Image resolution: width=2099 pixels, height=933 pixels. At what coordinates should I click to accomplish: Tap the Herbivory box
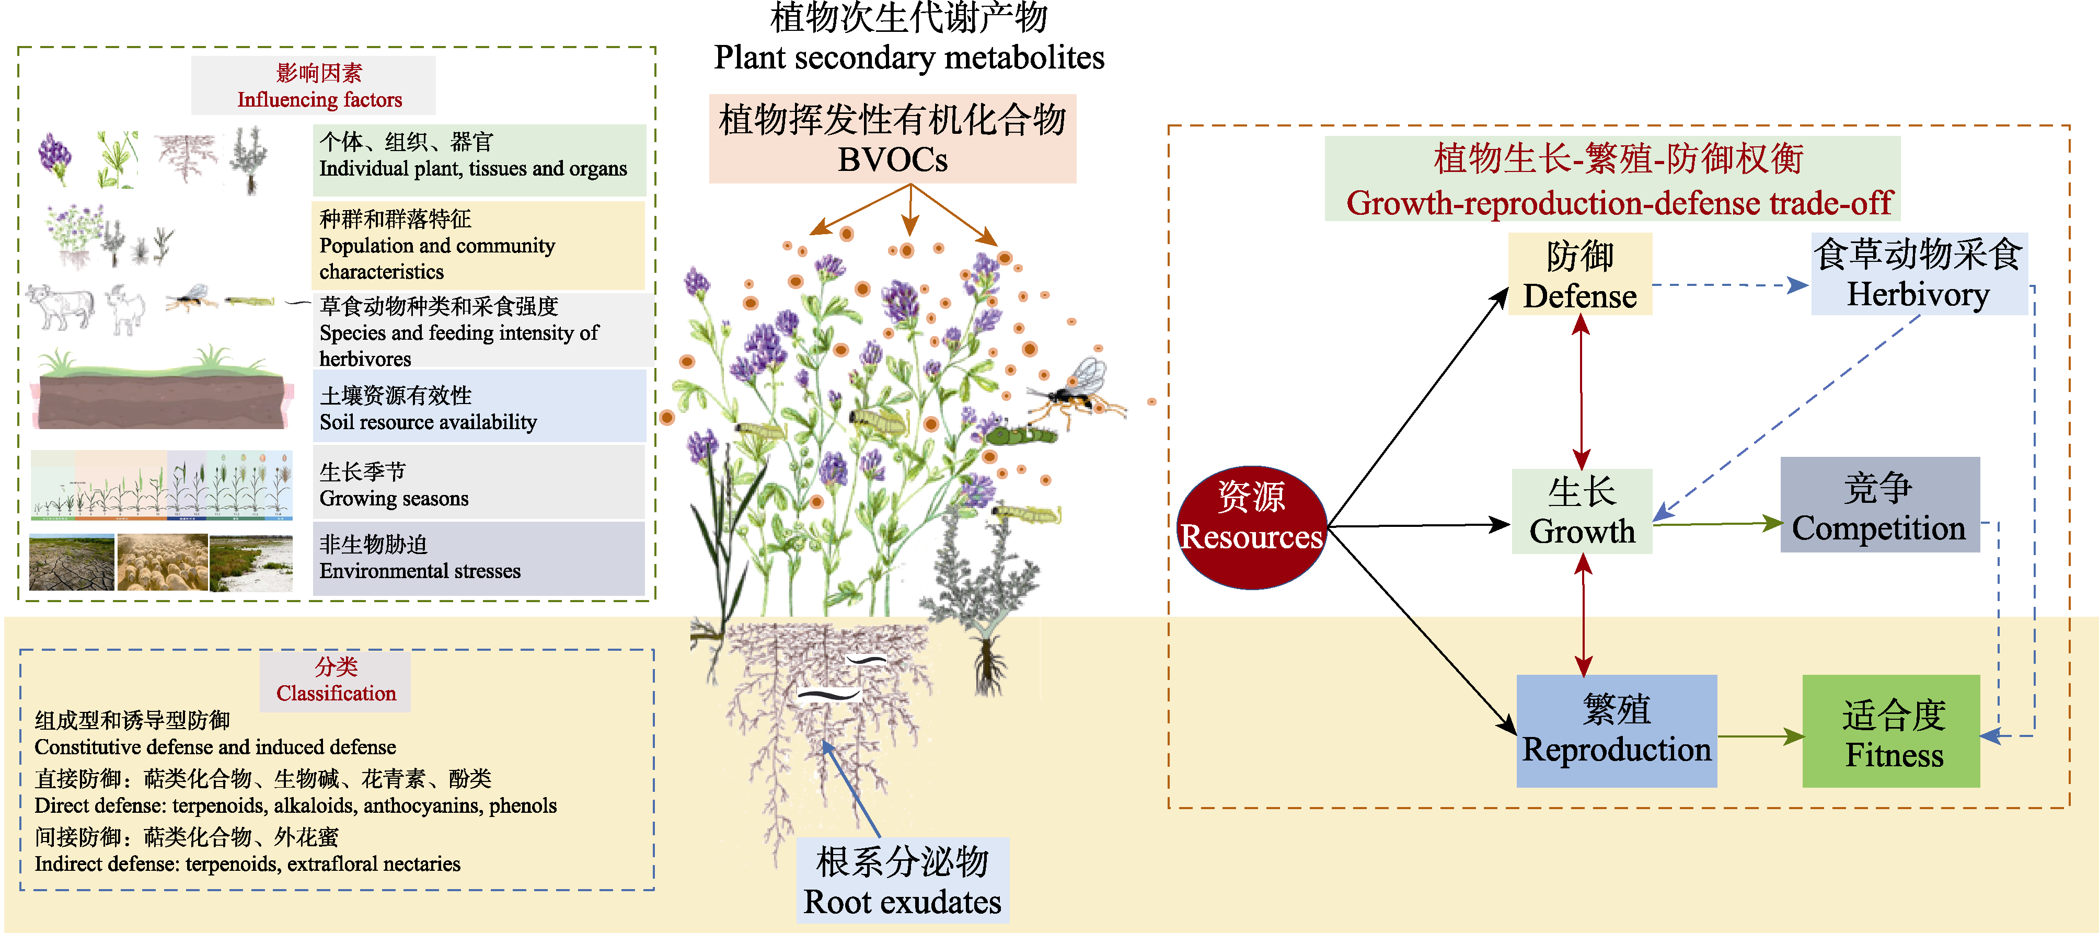[x=1918, y=274]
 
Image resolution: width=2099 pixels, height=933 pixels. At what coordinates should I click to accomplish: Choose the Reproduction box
[x=1617, y=730]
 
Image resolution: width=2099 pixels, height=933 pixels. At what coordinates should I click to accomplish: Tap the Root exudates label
[x=902, y=880]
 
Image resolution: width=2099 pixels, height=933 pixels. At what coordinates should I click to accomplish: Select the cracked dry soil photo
[x=72, y=562]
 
